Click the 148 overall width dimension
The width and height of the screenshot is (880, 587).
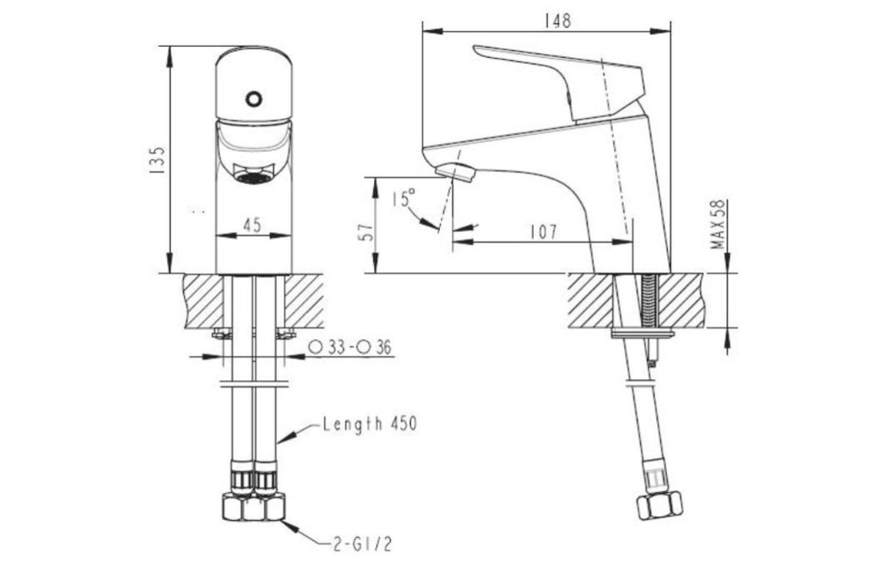557,21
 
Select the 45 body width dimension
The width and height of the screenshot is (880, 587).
252,225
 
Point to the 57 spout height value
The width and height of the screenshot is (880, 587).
367,232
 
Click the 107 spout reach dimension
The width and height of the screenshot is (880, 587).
543,232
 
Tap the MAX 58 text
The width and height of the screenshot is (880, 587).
718,224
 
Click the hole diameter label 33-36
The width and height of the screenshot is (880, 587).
350,347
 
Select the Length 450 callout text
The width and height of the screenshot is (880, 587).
370,424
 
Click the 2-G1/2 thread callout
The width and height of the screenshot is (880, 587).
362,545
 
